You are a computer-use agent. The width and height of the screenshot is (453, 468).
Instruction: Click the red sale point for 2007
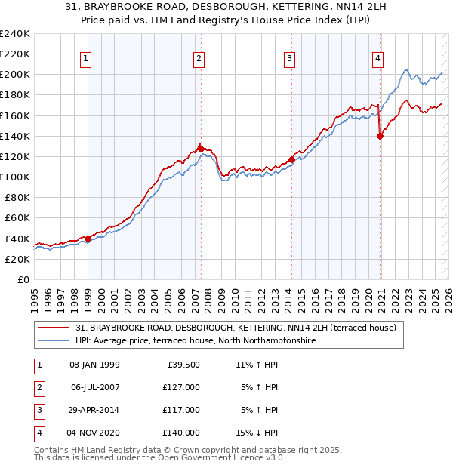201,149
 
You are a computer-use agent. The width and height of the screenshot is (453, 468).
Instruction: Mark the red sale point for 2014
291,159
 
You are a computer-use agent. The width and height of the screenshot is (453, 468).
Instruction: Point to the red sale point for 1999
88,239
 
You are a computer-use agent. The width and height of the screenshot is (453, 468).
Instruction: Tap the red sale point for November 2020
379,136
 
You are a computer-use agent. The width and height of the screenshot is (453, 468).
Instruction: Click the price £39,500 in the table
182,365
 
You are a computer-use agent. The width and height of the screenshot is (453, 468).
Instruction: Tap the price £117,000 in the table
182,410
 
